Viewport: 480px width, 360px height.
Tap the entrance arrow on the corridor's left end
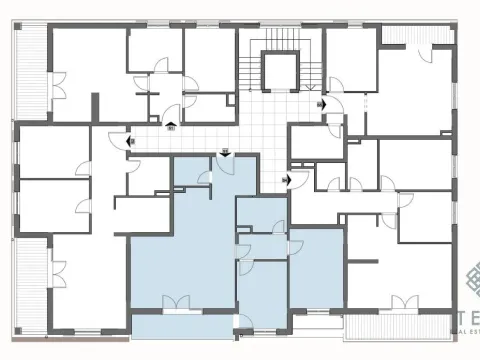tap(130, 141)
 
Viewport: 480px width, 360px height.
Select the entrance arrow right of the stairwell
tap(320, 103)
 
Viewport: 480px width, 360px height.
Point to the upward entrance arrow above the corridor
tap(171, 125)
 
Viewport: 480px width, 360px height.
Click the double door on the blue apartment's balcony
tap(176, 301)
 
